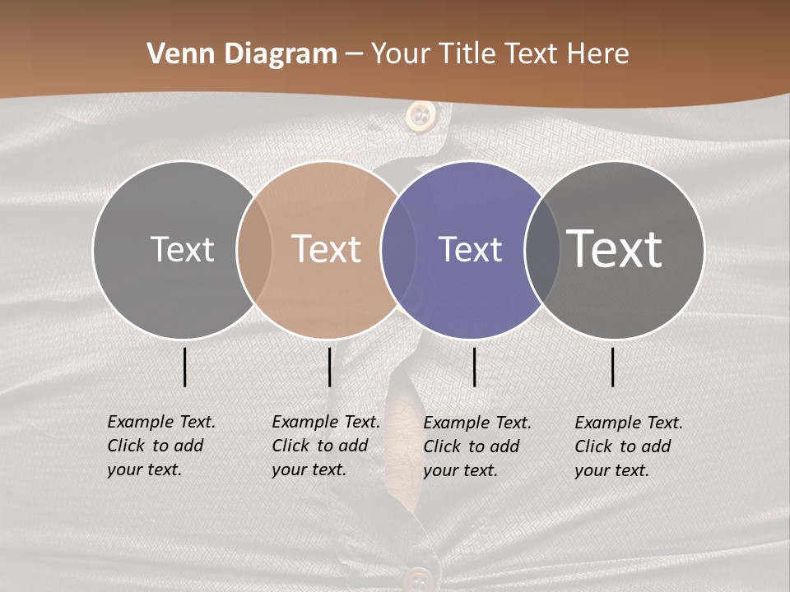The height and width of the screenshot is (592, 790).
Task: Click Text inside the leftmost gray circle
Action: pyautogui.click(x=182, y=249)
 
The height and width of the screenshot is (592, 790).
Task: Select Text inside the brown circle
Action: pyautogui.click(x=327, y=249)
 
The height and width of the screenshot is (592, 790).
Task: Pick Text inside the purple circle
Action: pyautogui.click(x=470, y=249)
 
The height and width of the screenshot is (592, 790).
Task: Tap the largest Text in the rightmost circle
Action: pyautogui.click(x=615, y=249)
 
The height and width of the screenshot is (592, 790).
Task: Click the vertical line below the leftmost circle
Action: pyautogui.click(x=184, y=367)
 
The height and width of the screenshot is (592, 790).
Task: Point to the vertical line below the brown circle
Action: pyautogui.click(x=329, y=367)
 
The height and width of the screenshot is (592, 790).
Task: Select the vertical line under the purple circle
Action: pyautogui.click(x=474, y=367)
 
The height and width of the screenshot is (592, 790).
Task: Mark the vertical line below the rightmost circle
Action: pyautogui.click(x=613, y=367)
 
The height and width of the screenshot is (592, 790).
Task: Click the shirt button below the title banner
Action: pyautogui.click(x=421, y=116)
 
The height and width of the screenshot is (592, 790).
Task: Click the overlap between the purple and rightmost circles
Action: pyautogui.click(x=541, y=249)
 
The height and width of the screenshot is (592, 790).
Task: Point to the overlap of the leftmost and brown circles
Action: pyautogui.click(x=254, y=249)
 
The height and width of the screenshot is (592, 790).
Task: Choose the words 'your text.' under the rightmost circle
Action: pyautogui.click(x=611, y=470)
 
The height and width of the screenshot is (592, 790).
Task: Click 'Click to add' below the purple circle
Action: pyautogui.click(x=471, y=446)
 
